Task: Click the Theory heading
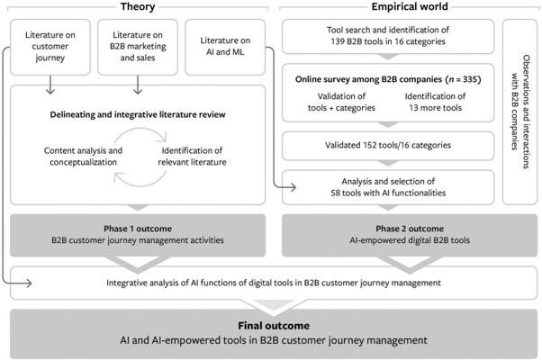138,6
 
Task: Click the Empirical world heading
410,6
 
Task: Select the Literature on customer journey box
50,47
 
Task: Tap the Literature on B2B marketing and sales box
138,47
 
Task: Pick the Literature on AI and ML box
225,47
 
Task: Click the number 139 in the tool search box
338,41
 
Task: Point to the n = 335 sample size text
463,79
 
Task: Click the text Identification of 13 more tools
435,102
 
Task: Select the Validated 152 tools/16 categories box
388,146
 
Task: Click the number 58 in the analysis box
335,193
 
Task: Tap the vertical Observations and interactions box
519,112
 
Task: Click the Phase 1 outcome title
138,229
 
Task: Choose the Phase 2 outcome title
410,229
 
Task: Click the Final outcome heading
274,326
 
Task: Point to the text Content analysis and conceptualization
83,157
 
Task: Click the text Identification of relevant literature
192,157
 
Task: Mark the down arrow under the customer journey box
50,85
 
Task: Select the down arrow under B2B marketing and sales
138,85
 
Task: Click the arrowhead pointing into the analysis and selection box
294,187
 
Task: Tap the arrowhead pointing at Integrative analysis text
29,283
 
